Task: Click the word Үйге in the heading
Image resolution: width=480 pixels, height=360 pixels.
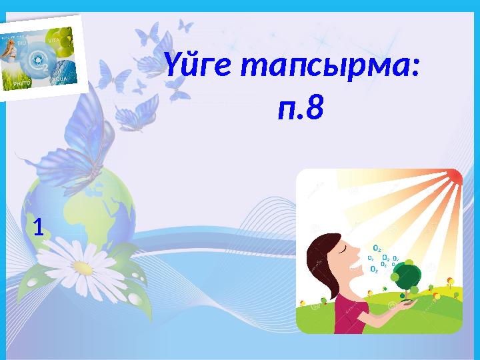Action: (197, 66)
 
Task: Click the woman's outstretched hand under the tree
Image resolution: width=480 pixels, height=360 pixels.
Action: (407, 303)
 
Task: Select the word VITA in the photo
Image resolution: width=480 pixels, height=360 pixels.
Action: (55, 40)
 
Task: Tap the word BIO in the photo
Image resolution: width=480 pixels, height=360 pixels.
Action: (22, 43)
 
